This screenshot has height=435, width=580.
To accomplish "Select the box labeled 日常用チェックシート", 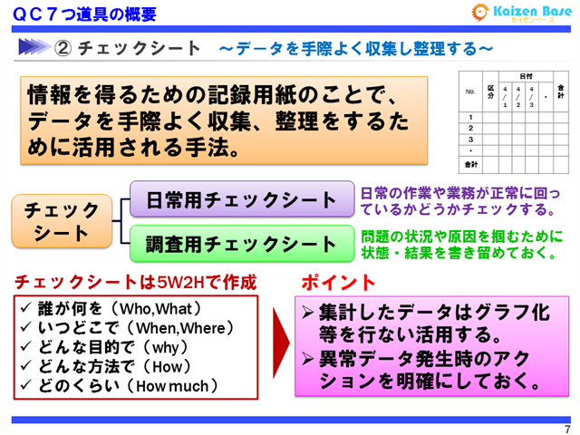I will click(x=240, y=199).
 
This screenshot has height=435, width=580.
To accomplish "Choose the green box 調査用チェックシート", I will click(x=240, y=243).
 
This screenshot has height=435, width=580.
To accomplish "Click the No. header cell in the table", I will click(x=469, y=92).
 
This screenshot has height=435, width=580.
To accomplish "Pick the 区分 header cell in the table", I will click(x=490, y=92).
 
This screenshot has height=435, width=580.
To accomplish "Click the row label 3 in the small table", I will click(x=469, y=140).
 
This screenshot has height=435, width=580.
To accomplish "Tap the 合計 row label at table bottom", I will click(x=469, y=165).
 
